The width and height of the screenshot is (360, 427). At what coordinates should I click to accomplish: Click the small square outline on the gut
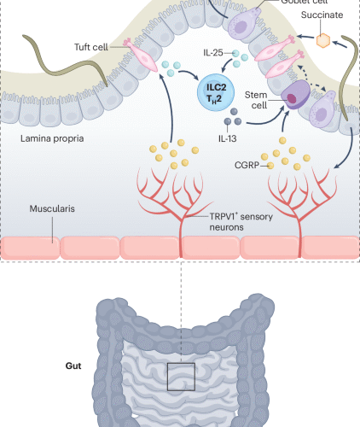click(181, 377)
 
